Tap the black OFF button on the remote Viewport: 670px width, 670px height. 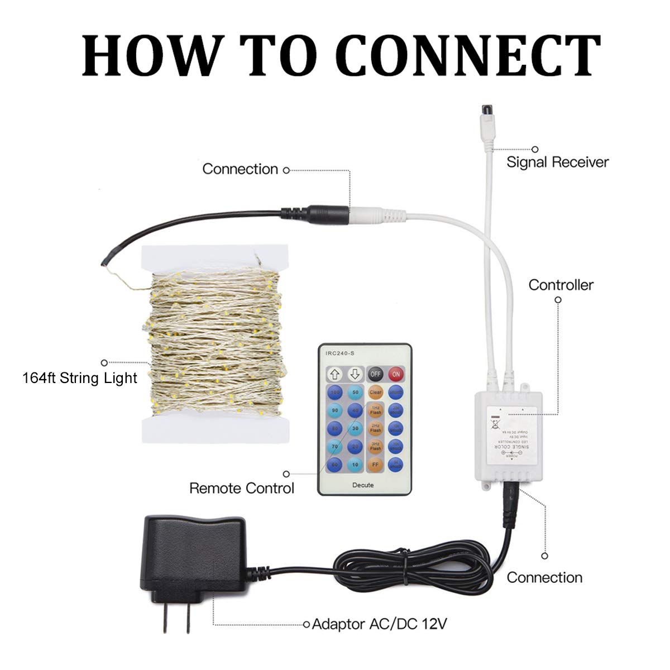[x=375, y=374]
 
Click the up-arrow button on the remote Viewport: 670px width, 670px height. [x=335, y=374]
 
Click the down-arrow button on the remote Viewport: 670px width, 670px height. [x=355, y=374]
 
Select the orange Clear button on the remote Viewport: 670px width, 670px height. [x=375, y=392]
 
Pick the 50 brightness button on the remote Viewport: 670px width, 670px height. [x=355, y=392]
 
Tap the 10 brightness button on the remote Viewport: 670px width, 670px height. [x=355, y=463]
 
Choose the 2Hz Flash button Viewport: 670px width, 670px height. [x=375, y=428]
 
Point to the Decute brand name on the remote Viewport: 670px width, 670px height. [x=363, y=485]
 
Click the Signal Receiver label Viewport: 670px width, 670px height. [x=557, y=162]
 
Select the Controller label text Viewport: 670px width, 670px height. [x=561, y=285]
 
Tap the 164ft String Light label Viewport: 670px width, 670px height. [x=80, y=378]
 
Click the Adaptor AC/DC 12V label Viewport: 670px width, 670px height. [x=379, y=623]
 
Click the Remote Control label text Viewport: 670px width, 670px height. [x=241, y=488]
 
